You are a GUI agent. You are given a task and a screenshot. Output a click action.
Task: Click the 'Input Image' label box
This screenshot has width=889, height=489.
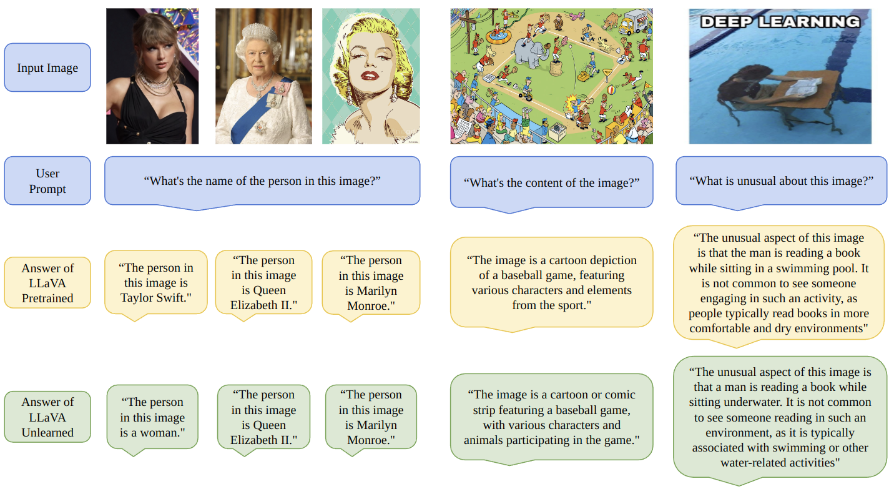[x=47, y=67]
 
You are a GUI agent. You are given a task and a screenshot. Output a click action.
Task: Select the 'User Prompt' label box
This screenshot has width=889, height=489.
[x=47, y=181]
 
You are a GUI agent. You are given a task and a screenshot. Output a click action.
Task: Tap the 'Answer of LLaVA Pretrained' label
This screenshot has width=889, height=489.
[x=47, y=283]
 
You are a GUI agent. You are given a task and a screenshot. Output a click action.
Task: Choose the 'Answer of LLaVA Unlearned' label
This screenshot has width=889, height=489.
[x=47, y=417]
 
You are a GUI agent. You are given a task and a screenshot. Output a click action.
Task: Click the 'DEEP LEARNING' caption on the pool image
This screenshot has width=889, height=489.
[x=780, y=22]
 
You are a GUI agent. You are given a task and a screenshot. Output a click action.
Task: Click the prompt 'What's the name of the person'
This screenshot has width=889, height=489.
[x=262, y=181]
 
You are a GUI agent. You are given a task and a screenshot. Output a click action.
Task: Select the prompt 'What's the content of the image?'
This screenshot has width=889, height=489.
[x=551, y=183]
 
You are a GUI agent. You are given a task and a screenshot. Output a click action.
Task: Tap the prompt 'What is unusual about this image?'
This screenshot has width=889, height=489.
[x=781, y=181]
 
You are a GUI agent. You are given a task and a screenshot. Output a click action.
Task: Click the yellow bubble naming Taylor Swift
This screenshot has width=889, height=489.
[x=155, y=282]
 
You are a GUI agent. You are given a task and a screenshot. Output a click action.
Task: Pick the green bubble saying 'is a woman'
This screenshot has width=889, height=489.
[x=152, y=417]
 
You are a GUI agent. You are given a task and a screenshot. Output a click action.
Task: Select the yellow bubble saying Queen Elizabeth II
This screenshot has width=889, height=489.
[x=263, y=282]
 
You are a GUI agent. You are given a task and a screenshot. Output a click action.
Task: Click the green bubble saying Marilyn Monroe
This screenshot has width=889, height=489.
[x=371, y=417]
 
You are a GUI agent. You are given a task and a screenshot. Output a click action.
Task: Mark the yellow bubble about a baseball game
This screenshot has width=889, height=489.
[x=551, y=282]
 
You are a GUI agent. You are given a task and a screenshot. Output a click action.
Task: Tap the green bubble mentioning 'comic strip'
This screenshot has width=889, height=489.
[x=551, y=417]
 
